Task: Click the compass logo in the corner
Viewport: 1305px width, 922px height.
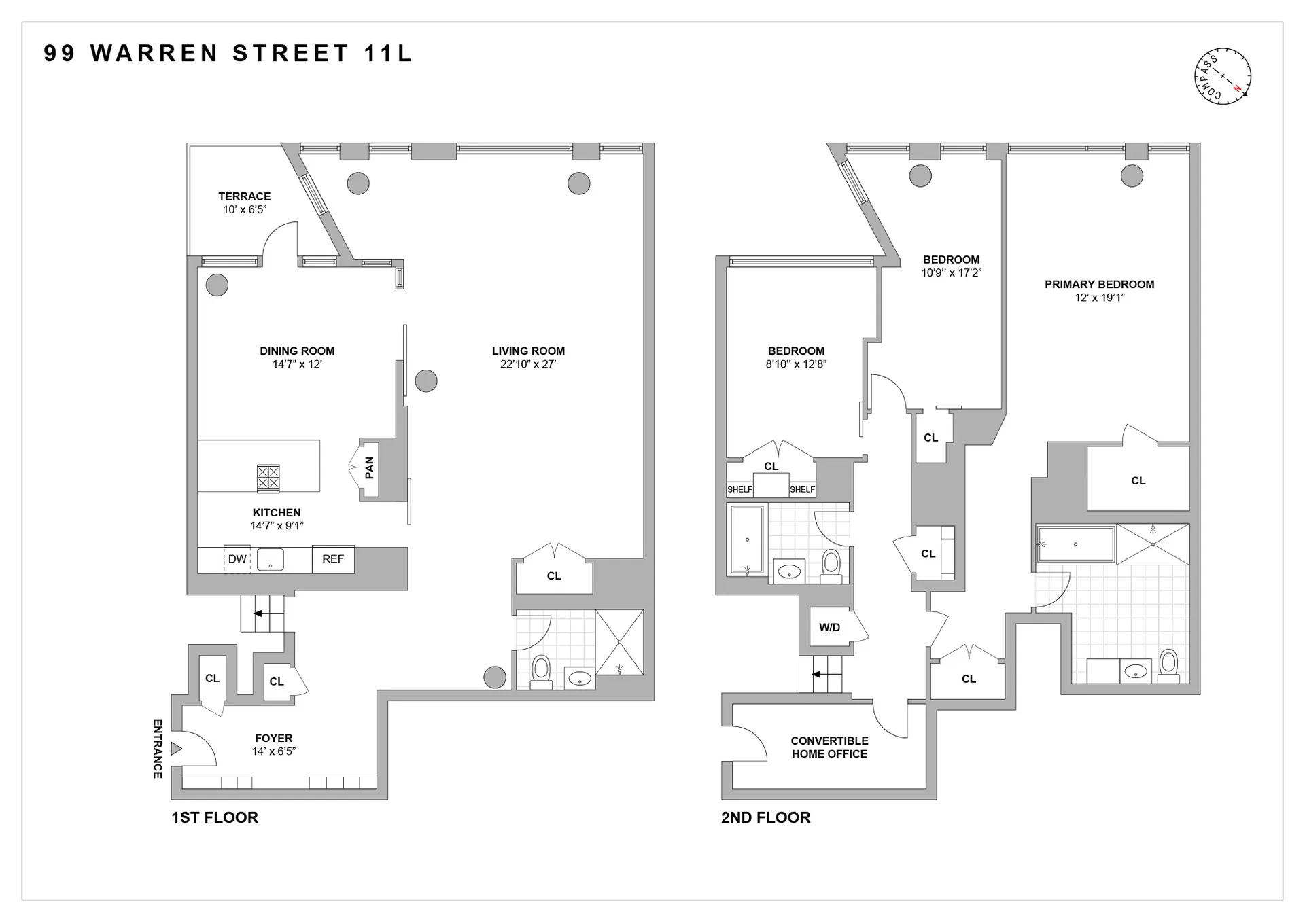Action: pyautogui.click(x=1223, y=76)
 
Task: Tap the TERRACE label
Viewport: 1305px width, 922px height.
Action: pyautogui.click(x=244, y=196)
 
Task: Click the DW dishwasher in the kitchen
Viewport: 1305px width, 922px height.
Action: pyautogui.click(x=237, y=559)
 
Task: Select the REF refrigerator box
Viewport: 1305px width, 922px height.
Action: pyautogui.click(x=333, y=559)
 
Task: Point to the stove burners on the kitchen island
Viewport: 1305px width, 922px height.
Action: pyautogui.click(x=268, y=478)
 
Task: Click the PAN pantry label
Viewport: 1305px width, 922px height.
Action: pyautogui.click(x=369, y=467)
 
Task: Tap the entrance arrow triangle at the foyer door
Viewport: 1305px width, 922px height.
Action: pyautogui.click(x=176, y=749)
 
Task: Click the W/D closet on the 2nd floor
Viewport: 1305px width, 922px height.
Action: pyautogui.click(x=829, y=627)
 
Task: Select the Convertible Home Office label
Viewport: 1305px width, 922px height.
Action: pyautogui.click(x=829, y=747)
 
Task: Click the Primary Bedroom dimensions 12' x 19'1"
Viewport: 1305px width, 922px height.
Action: pyautogui.click(x=1099, y=298)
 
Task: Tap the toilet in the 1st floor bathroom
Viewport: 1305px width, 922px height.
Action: pyautogui.click(x=541, y=670)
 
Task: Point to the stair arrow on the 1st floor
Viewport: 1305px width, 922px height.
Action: pyautogui.click(x=268, y=614)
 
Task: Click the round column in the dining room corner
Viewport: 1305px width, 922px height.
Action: pyautogui.click(x=217, y=285)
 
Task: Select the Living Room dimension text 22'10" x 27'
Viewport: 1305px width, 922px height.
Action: pyautogui.click(x=528, y=364)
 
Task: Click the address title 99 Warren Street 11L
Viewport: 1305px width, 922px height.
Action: pyautogui.click(x=228, y=54)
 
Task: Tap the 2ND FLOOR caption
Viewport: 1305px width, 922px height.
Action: pyautogui.click(x=765, y=817)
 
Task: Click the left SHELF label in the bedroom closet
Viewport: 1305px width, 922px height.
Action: pyautogui.click(x=739, y=489)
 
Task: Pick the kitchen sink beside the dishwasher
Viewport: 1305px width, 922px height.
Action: pyautogui.click(x=271, y=560)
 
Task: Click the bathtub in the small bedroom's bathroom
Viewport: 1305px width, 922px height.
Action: pyautogui.click(x=747, y=540)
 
